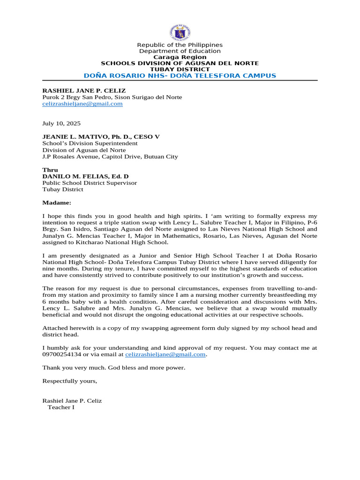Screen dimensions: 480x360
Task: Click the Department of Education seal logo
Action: [180, 32]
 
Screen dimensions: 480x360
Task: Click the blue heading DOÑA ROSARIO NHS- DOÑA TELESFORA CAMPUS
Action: [180, 75]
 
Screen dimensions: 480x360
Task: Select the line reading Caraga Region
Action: [180, 57]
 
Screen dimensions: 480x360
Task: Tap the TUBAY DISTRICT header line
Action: [180, 69]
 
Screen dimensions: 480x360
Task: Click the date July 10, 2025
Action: [61, 124]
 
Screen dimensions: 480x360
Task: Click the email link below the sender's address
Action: [82, 104]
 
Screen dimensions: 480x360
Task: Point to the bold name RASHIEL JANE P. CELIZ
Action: [84, 90]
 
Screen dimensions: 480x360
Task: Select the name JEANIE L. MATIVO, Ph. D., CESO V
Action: [101, 137]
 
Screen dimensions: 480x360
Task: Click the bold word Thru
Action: [50, 170]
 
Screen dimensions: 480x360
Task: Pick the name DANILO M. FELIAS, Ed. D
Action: [85, 176]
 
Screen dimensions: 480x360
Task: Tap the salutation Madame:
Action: [57, 203]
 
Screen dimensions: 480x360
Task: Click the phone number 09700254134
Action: [62, 355]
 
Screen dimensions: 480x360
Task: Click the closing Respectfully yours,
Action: [70, 381]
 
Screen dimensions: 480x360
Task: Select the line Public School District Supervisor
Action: [90, 183]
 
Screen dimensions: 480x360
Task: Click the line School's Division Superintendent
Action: [90, 143]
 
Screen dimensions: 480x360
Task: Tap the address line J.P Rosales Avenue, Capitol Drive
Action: [110, 157]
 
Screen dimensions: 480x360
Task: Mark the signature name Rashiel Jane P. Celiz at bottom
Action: [72, 401]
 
